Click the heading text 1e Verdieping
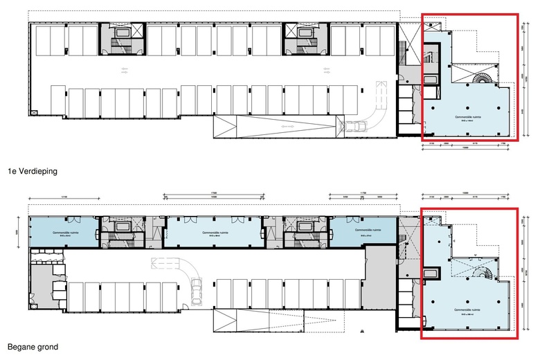pos(32,170)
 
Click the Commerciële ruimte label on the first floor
pos(467,118)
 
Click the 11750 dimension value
pos(362,194)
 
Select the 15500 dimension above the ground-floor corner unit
pos(467,194)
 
